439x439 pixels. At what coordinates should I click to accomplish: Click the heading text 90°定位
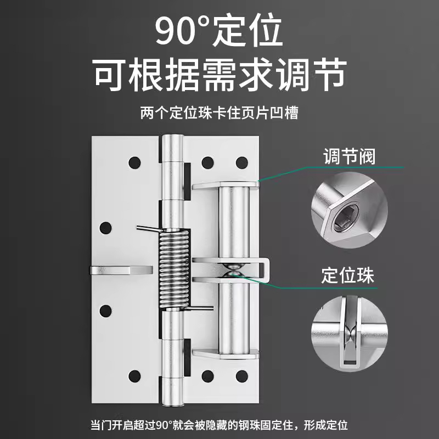tap(219, 31)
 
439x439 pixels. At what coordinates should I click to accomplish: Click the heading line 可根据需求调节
tap(219, 74)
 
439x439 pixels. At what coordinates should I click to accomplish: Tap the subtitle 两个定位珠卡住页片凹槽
tap(219, 114)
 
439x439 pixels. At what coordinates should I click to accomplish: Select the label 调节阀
tap(348, 156)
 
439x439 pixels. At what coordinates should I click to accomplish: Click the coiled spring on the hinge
tap(175, 269)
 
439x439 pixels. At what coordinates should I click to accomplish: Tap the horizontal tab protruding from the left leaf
tap(121, 269)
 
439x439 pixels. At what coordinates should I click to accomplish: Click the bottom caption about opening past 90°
tap(219, 425)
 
